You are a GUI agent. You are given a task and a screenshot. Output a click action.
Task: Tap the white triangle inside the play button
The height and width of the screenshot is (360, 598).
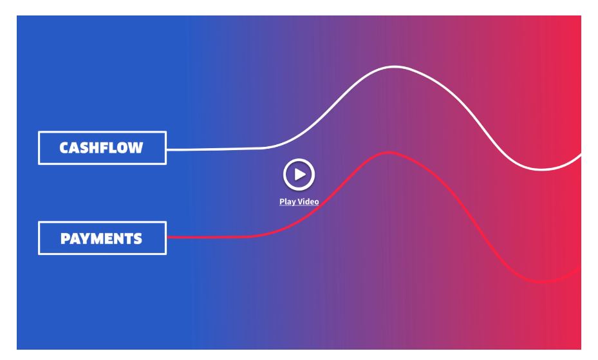[300, 175]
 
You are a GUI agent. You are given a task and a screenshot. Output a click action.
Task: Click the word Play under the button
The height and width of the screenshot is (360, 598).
[287, 202]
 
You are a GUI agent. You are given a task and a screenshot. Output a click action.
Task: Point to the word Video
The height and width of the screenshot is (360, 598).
[308, 201]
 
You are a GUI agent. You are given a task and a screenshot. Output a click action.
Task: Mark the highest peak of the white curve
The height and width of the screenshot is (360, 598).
[395, 67]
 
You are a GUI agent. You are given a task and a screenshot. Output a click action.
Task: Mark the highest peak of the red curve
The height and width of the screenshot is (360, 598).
[389, 153]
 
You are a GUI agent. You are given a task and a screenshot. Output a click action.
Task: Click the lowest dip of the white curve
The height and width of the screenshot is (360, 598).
[541, 169]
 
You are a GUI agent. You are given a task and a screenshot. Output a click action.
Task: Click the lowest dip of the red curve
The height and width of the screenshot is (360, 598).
[542, 282]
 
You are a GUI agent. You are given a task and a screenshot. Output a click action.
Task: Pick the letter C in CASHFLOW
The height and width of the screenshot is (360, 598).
[64, 148]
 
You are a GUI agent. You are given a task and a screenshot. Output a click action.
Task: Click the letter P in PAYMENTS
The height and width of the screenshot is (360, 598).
[65, 239]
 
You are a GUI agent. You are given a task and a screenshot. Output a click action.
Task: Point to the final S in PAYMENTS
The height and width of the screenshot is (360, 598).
[137, 239]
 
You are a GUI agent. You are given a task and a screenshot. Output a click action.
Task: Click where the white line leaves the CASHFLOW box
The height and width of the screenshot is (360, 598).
[167, 149]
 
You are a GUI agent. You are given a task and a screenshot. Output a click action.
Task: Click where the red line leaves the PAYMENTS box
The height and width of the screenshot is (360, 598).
[167, 238]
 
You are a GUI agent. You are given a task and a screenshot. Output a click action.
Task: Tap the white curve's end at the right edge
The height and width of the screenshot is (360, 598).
[581, 155]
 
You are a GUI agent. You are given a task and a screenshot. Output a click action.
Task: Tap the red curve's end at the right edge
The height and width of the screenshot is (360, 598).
[581, 269]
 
